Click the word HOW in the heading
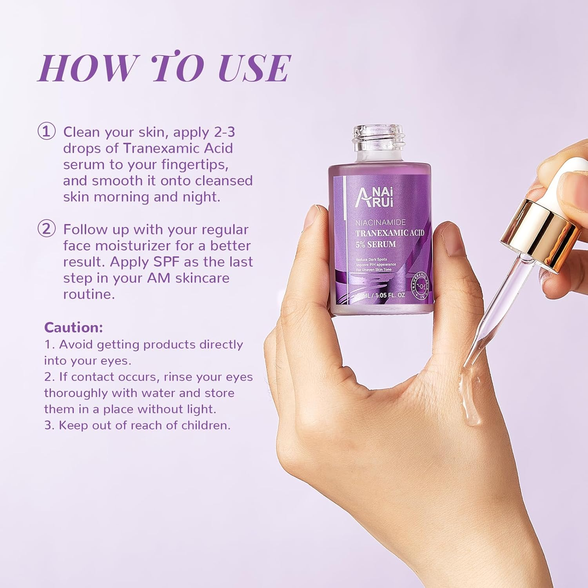pos(88,68)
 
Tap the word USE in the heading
pos(254,68)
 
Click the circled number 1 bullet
pos(46,131)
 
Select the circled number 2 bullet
pos(46,229)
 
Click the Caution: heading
pos(73,327)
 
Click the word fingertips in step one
pos(195,165)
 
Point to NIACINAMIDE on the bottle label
pos(380,223)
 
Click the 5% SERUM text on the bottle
pos(375,244)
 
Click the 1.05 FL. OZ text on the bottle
pos(390,295)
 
